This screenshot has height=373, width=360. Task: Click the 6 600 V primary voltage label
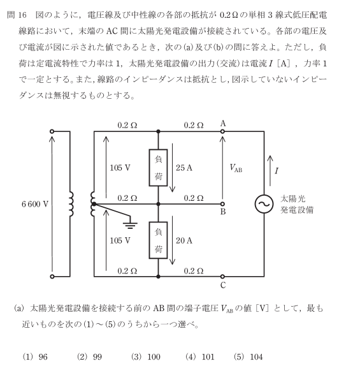(x=35, y=204)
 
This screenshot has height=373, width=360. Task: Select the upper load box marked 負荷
(x=158, y=168)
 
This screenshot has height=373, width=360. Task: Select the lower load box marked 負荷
(x=158, y=240)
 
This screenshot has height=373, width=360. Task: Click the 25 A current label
(x=184, y=168)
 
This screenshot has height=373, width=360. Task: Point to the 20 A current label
(x=184, y=240)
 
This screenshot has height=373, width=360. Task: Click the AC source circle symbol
(x=264, y=204)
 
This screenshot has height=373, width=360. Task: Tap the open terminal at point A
(x=222, y=131)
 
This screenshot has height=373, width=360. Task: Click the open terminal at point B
(x=222, y=204)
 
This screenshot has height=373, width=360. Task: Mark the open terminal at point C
(x=222, y=277)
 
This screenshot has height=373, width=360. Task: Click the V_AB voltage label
(x=236, y=168)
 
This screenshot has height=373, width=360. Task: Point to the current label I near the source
(x=277, y=171)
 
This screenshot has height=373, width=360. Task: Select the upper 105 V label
(x=120, y=168)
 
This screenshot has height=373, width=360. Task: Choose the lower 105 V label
(x=120, y=240)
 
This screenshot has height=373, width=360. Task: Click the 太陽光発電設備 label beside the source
(x=297, y=204)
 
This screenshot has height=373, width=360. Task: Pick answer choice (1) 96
(x=35, y=357)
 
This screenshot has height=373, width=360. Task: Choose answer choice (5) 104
(x=248, y=357)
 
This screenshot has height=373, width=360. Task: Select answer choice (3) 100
(x=145, y=357)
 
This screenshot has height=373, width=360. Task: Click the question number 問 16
(x=17, y=15)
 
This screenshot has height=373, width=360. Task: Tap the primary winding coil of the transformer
(x=71, y=204)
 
